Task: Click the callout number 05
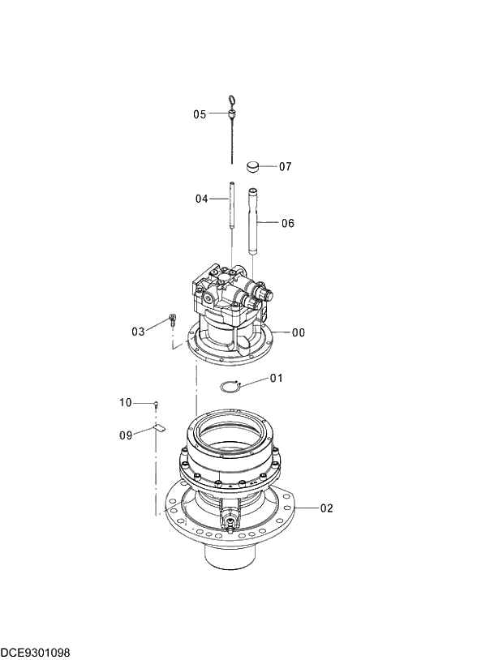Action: tap(200, 114)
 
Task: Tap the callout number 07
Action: tap(285, 167)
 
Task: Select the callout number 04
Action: tap(201, 199)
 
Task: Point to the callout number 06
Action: tap(287, 223)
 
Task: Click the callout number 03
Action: tap(138, 331)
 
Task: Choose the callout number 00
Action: tap(299, 332)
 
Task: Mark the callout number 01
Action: tap(277, 378)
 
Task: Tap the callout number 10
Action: tap(125, 402)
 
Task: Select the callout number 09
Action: tap(125, 435)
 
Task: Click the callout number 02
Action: tap(326, 508)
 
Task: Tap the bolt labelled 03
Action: tap(172, 319)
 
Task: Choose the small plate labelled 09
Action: tap(159, 426)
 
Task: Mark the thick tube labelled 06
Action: tap(253, 221)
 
